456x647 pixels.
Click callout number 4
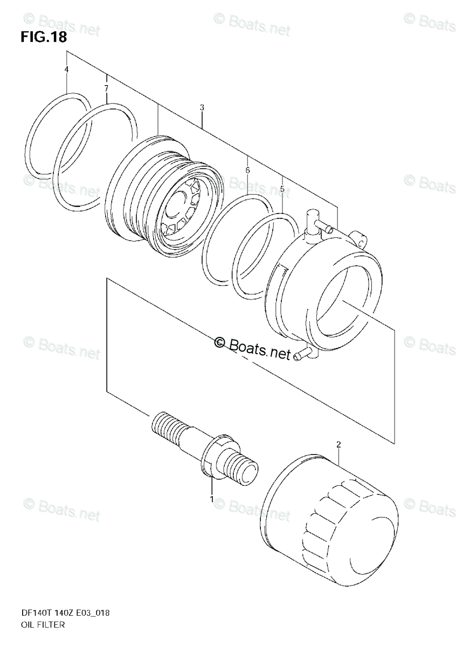point(66,70)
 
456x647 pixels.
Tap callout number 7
point(106,88)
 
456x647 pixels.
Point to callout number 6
point(247,170)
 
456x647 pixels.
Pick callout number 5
point(281,189)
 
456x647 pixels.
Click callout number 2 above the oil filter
point(338,445)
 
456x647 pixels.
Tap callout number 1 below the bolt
point(212,499)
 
